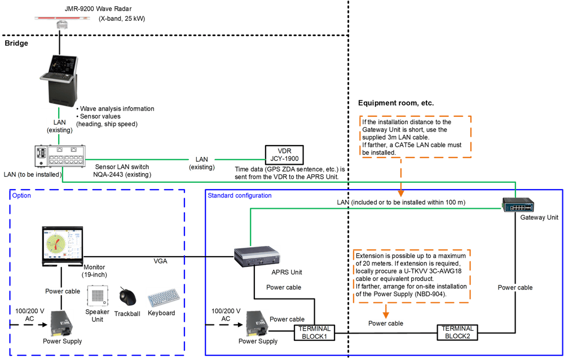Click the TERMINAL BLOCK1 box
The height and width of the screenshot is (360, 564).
(314, 332)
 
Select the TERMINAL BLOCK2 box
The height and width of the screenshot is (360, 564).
(457, 332)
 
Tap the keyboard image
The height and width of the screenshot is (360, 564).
(163, 297)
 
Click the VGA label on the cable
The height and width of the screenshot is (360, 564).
(160, 261)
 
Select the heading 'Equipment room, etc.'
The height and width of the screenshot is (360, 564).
(395, 103)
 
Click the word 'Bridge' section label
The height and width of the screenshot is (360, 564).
(16, 43)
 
